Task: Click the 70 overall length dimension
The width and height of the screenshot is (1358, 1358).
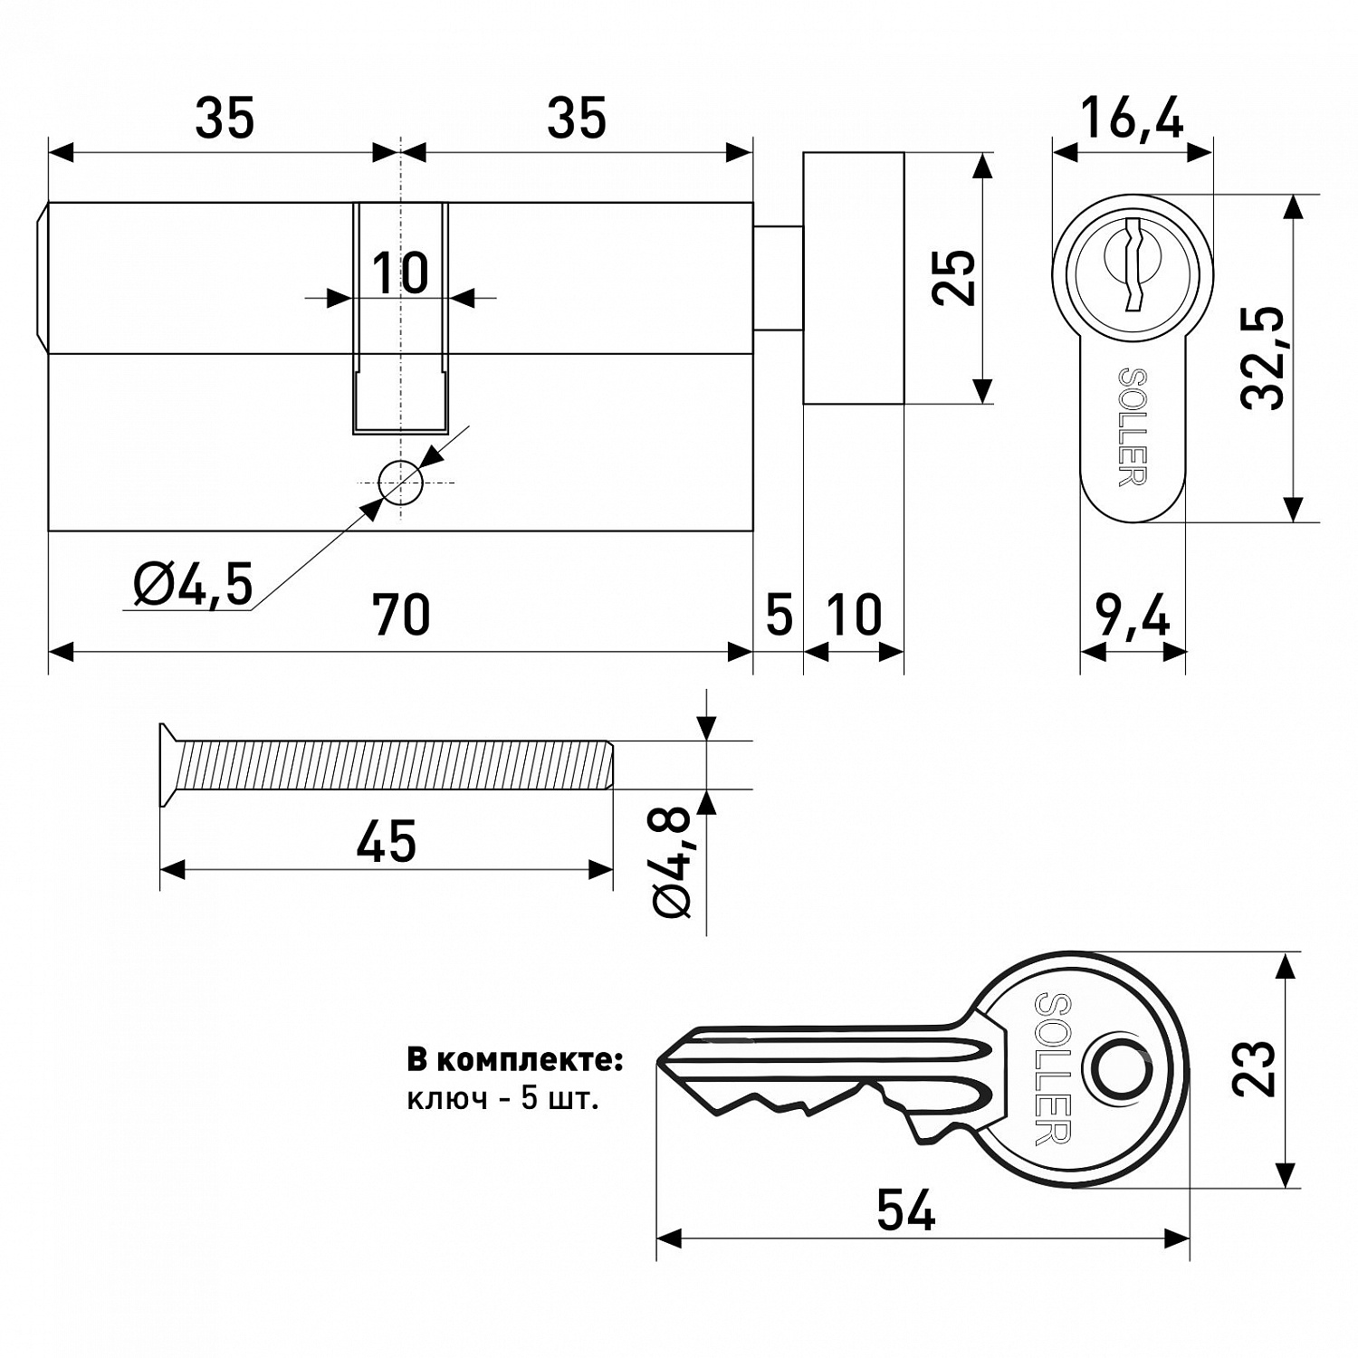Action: pyautogui.click(x=401, y=617)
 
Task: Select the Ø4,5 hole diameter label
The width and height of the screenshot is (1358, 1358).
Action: pyautogui.click(x=192, y=584)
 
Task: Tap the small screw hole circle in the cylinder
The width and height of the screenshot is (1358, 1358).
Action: pyautogui.click(x=399, y=482)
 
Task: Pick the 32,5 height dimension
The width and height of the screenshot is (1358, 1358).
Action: pyautogui.click(x=1263, y=358)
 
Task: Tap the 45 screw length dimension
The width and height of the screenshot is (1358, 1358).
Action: pyautogui.click(x=386, y=841)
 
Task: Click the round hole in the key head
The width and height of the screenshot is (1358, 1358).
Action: pyautogui.click(x=1120, y=1069)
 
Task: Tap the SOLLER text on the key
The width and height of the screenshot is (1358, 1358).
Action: pyautogui.click(x=1054, y=1069)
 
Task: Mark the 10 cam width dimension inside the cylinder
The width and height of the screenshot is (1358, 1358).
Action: pyautogui.click(x=399, y=273)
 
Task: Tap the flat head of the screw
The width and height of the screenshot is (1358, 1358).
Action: pyautogui.click(x=168, y=765)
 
